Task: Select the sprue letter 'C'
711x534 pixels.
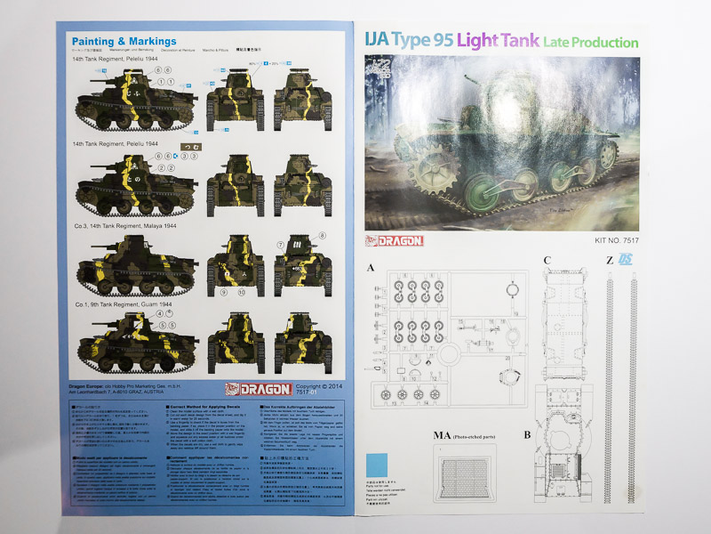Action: [x=547, y=261]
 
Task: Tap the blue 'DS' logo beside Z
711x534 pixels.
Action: [x=627, y=260]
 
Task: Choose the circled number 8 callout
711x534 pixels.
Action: [x=323, y=235]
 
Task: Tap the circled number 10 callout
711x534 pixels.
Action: [x=239, y=292]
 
